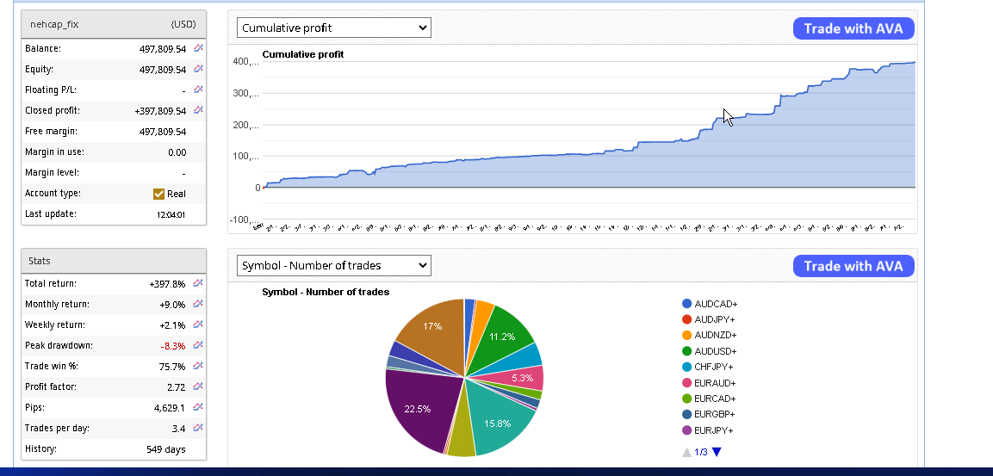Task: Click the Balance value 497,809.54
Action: pyautogui.click(x=163, y=49)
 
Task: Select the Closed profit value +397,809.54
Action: pyautogui.click(x=160, y=111)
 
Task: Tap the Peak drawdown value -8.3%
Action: pyautogui.click(x=173, y=346)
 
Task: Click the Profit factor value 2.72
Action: pyautogui.click(x=176, y=387)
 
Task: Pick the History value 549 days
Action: pyautogui.click(x=166, y=449)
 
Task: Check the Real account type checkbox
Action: pyautogui.click(x=158, y=194)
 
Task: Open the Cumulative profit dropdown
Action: pyautogui.click(x=334, y=28)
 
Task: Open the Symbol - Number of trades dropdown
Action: pyautogui.click(x=334, y=265)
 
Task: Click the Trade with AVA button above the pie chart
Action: pyautogui.click(x=853, y=266)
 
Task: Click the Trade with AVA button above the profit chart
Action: pyautogui.click(x=853, y=28)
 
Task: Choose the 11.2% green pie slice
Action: pyautogui.click(x=502, y=336)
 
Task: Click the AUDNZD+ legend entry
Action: pyautogui.click(x=715, y=335)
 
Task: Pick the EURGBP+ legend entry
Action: pyautogui.click(x=715, y=414)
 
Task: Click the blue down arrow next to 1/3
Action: pyautogui.click(x=717, y=452)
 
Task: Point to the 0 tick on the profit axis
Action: pyautogui.click(x=258, y=188)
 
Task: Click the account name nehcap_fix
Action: pyautogui.click(x=54, y=25)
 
